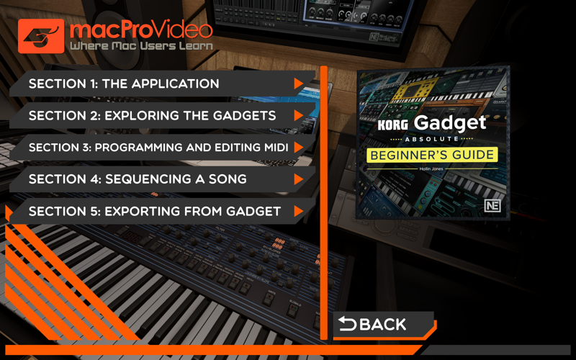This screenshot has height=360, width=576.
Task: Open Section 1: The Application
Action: (161, 84)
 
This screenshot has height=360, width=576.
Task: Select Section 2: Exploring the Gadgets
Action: (161, 116)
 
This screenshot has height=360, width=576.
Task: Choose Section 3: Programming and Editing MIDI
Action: (161, 148)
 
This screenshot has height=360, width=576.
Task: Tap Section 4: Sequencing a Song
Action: (161, 179)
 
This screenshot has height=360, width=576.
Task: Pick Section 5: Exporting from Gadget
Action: (161, 211)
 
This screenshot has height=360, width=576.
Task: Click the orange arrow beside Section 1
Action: (298, 84)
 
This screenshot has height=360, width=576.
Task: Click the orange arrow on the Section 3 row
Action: (298, 148)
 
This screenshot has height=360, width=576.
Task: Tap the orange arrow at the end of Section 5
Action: (298, 211)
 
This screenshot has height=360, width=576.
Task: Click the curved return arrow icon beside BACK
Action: (347, 323)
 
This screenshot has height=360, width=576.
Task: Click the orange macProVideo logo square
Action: (41, 36)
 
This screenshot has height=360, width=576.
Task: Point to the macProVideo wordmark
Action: (141, 30)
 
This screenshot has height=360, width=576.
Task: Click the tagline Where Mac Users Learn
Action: (141, 46)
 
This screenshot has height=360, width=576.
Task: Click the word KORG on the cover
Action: (392, 125)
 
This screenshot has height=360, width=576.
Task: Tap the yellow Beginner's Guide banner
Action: (432, 155)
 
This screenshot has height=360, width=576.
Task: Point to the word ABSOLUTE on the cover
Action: (432, 139)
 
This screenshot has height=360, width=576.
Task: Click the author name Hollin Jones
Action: (431, 168)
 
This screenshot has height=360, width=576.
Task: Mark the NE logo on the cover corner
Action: (492, 206)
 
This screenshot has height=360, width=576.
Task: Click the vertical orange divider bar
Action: (323, 203)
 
